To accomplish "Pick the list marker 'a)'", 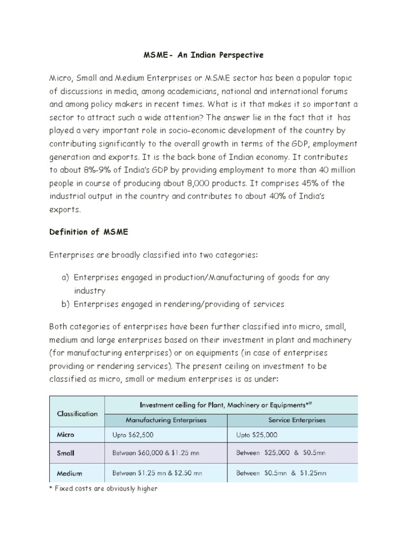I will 66,278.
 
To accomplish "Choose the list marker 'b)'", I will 66,304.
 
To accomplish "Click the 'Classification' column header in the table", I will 77,413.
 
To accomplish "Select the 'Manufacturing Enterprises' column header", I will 166,420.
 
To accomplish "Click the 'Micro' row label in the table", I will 66,435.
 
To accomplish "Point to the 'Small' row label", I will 66,453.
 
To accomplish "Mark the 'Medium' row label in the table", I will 69,473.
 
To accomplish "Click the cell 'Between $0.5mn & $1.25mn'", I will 281,473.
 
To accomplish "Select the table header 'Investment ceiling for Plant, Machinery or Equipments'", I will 232,405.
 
